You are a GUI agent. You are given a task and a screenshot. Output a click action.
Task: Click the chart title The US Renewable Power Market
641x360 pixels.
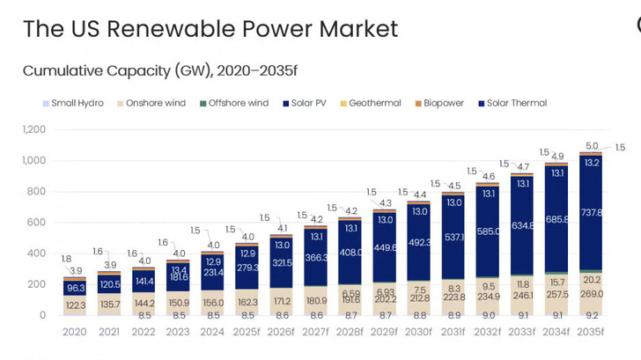[x=210, y=28]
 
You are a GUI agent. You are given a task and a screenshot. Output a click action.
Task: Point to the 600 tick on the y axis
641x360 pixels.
[x=36, y=223]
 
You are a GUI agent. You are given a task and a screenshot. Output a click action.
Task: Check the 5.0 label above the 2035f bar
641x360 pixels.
[x=593, y=146]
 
